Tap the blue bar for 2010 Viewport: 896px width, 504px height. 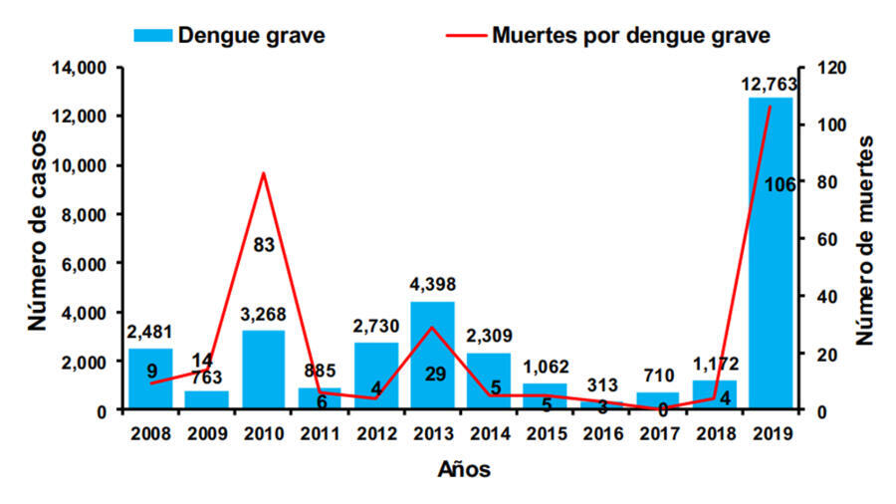[263, 370]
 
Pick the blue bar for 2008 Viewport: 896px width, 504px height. [150, 378]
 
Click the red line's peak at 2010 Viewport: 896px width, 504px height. [263, 173]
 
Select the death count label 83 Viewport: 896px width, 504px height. [264, 243]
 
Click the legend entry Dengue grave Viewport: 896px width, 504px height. [250, 36]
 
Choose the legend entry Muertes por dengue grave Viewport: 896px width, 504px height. [629, 36]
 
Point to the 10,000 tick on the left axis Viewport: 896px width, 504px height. [79, 165]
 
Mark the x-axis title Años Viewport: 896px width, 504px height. [463, 469]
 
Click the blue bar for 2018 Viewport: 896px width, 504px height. [714, 395]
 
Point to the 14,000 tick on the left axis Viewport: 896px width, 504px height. [79, 68]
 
